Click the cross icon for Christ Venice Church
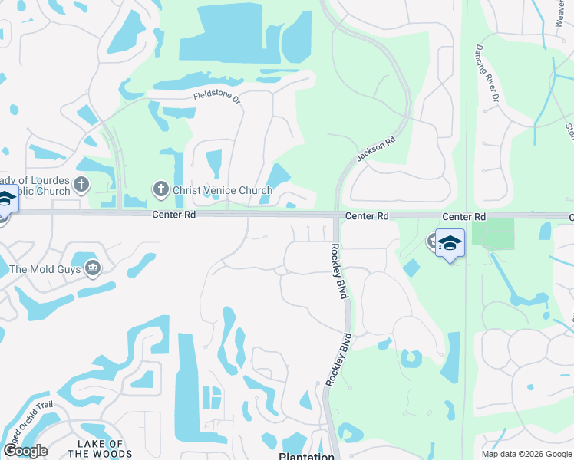(x=160, y=189)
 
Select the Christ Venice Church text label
(x=222, y=190)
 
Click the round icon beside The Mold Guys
(x=93, y=268)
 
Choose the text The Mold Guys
(x=46, y=269)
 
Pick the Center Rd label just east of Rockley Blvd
(x=367, y=217)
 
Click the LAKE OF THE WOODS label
(x=101, y=449)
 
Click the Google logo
(x=25, y=451)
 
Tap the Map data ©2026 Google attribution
(x=525, y=454)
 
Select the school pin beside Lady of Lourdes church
(x=5, y=200)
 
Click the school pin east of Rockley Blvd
(x=450, y=244)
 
